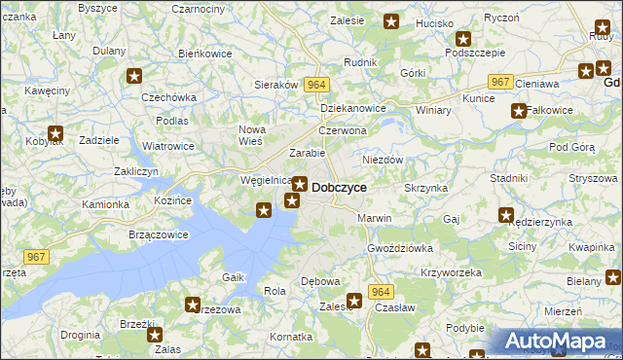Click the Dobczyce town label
pos(339,187)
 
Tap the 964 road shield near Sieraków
pos(313,85)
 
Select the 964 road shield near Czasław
pos(381,292)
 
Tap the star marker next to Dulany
pos(135,76)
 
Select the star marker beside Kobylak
pos(55,134)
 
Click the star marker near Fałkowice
pos(519,111)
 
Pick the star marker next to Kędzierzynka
pos(506,215)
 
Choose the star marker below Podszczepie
pos(463,40)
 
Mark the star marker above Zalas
pos(155,335)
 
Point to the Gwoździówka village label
pos(400,248)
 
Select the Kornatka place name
pos(291,336)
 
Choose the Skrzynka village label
pos(425,187)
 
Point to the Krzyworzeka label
pos(452,272)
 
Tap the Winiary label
pos(433,110)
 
